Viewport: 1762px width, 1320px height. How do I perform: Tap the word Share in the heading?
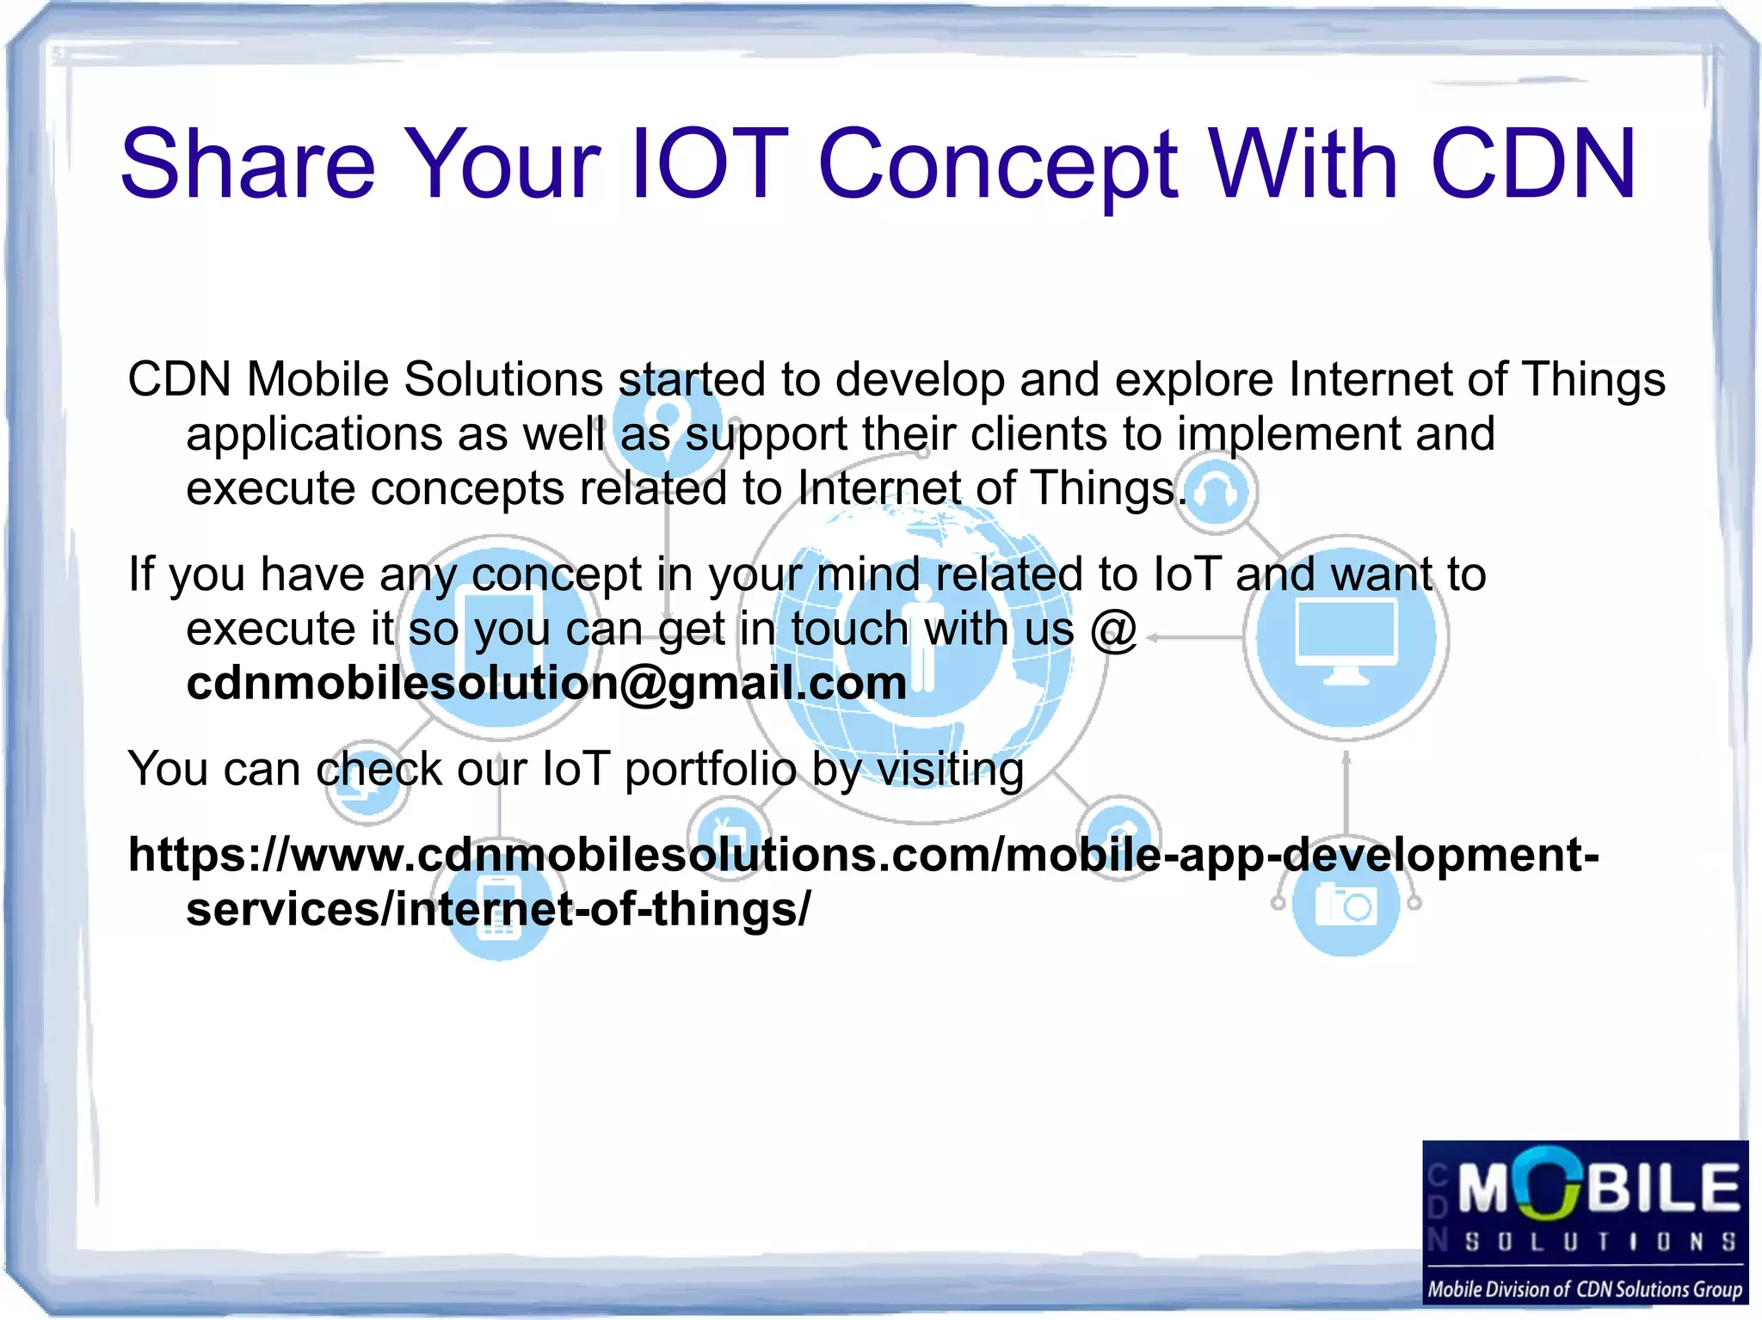248,163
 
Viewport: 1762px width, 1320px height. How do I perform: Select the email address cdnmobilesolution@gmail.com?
546,684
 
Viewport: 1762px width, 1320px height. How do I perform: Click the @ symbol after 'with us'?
1114,629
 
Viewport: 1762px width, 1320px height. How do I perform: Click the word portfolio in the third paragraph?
711,770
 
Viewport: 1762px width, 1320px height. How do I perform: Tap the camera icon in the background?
1346,906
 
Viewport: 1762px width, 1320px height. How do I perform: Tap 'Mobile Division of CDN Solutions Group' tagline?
1585,1289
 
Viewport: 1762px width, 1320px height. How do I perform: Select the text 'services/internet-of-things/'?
498,910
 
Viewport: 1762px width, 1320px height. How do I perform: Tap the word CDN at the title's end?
1533,163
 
